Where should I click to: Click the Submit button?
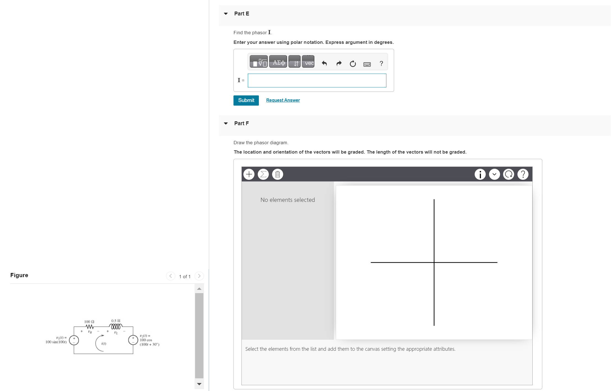click(246, 100)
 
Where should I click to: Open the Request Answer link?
click(283, 100)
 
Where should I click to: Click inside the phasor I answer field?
click(317, 81)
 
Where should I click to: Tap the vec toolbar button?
click(308, 62)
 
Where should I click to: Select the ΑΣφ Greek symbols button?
click(278, 62)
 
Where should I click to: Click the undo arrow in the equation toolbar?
click(324, 64)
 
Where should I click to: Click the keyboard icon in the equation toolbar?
click(367, 64)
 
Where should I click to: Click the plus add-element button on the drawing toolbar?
click(249, 174)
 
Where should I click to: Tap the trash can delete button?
click(278, 174)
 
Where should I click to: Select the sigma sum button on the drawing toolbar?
click(263, 174)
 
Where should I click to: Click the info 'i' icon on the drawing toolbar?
click(480, 174)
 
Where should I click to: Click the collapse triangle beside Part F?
click(226, 124)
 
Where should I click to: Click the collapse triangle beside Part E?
click(226, 14)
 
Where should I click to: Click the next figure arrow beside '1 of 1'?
click(199, 276)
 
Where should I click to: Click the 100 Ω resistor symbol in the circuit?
click(90, 327)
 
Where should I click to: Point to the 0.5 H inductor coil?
click(116, 327)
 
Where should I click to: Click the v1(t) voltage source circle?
click(74, 340)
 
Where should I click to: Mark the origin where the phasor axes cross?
click(434, 263)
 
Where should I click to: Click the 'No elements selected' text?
click(288, 200)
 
